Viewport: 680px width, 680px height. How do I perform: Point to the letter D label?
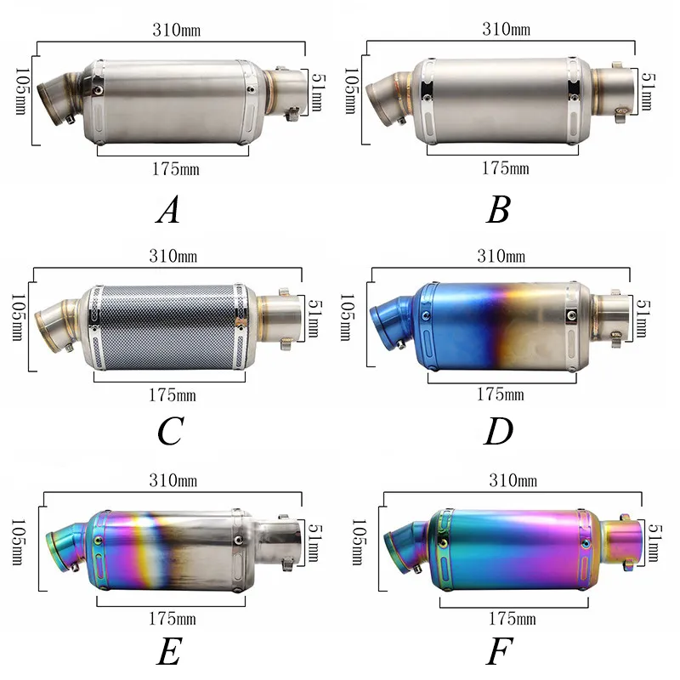(498, 432)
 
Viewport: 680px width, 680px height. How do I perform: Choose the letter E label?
(169, 652)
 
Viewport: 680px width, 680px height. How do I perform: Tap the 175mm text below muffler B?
(505, 168)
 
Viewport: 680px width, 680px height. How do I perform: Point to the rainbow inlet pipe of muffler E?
(65, 546)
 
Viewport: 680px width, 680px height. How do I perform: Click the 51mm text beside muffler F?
(652, 542)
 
